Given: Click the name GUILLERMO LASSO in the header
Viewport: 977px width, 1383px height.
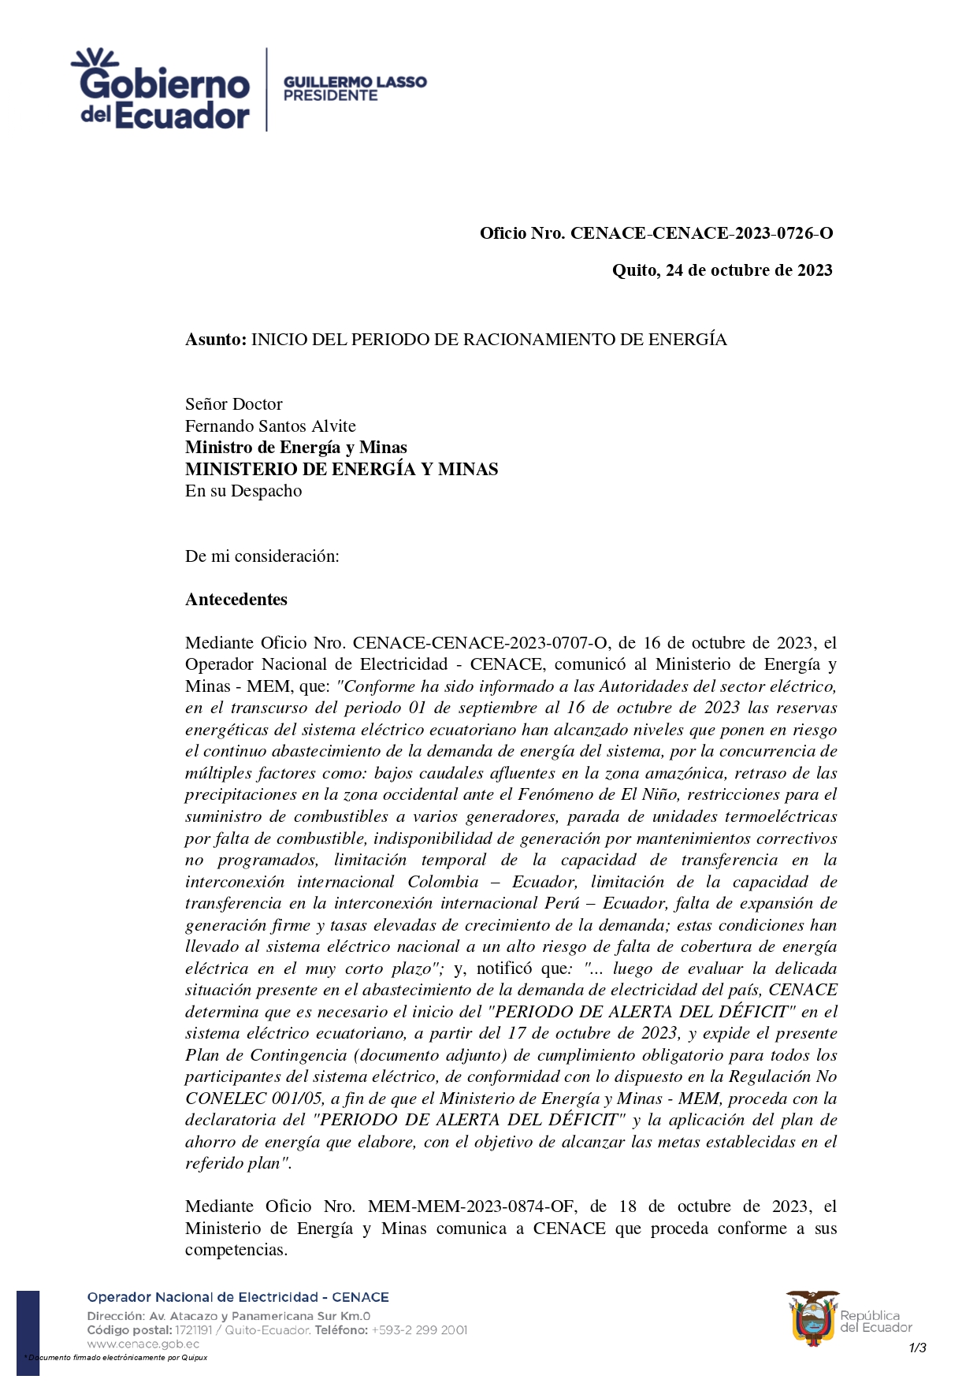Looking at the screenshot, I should coord(355,82).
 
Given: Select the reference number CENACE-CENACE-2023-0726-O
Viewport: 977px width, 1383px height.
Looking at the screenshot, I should coord(701,233).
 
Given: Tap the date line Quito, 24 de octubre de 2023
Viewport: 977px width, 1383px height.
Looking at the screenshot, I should coord(722,270).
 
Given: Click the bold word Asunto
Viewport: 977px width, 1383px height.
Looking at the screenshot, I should coord(215,340).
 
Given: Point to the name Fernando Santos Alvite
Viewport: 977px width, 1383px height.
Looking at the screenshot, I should coord(270,426).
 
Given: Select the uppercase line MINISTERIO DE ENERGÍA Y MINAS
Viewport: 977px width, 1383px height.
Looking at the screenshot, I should coord(341,470).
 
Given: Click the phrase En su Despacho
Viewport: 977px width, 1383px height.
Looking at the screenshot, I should coord(243,491).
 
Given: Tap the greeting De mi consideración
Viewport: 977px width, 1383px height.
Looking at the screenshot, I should coord(262,556).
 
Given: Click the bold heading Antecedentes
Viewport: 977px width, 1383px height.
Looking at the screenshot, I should coord(236,600).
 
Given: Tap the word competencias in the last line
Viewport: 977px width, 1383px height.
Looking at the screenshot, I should coord(234,1250).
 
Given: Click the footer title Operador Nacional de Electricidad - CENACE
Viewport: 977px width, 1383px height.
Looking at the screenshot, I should coord(238,1297).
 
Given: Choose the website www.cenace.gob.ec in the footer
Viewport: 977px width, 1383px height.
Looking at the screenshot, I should coord(143,1344).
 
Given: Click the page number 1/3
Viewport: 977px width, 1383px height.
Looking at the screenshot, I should coord(917,1348).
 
